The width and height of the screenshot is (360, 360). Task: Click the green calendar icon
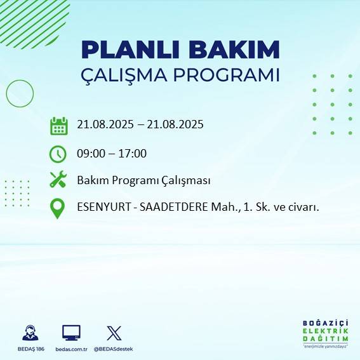(58, 126)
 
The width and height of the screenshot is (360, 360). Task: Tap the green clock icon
(58, 154)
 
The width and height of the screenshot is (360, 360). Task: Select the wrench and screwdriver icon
(58, 180)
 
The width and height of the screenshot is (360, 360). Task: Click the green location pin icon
(58, 209)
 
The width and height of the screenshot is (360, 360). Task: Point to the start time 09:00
(91, 153)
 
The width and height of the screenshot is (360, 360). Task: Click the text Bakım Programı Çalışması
(143, 180)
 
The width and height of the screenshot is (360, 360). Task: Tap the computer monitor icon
(71, 333)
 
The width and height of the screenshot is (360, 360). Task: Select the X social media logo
(114, 333)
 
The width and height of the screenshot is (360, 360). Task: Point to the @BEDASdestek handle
(114, 349)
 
